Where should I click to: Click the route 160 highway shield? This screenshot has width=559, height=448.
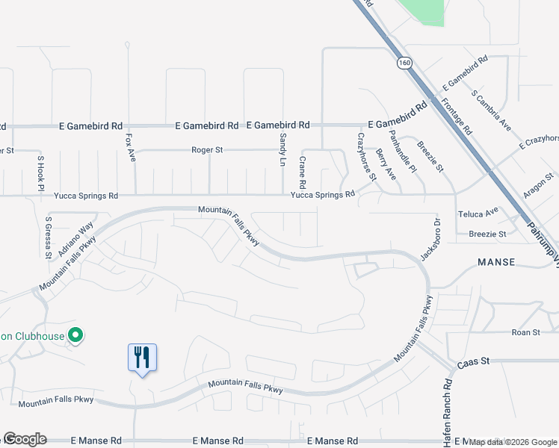pyautogui.click(x=404, y=63)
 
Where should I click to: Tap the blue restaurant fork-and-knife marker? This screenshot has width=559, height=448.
pyautogui.click(x=142, y=357)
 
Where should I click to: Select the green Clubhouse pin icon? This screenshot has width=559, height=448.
pyautogui.click(x=75, y=336)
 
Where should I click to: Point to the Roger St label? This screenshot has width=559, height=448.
pyautogui.click(x=207, y=149)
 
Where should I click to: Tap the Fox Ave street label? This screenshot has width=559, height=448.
pyautogui.click(x=131, y=148)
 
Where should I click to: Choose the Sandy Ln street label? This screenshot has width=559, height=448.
pyautogui.click(x=282, y=149)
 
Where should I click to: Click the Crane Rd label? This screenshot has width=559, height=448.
pyautogui.click(x=303, y=172)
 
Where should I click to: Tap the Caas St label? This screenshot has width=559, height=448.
pyautogui.click(x=474, y=361)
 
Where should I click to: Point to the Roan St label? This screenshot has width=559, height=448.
pyautogui.click(x=525, y=332)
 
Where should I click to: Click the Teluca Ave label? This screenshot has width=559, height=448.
pyautogui.click(x=483, y=212)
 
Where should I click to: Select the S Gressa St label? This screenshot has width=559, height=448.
pyautogui.click(x=48, y=237)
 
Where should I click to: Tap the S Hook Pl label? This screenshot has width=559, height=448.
pyautogui.click(x=40, y=172)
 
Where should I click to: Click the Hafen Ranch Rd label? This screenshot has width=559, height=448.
pyautogui.click(x=447, y=413)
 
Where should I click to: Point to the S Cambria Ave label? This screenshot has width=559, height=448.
pyautogui.click(x=492, y=109)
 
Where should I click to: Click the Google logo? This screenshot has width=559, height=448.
pyautogui.click(x=25, y=439)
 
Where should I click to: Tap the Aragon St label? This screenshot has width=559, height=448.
pyautogui.click(x=539, y=187)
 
